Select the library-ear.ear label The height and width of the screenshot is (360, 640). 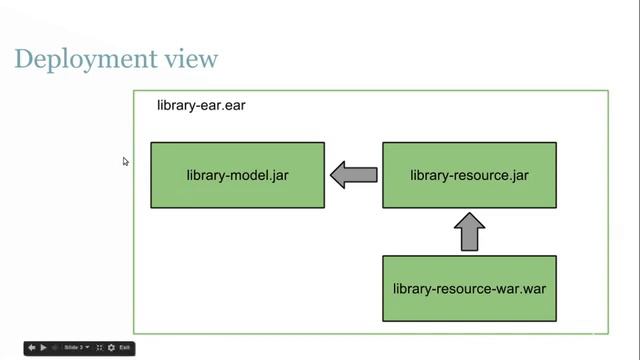[201, 105]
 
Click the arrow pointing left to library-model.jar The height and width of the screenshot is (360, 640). [353, 175]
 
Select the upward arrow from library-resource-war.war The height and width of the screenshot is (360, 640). [469, 232]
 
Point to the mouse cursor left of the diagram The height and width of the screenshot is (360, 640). [125, 160]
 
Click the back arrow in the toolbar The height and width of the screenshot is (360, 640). [31, 347]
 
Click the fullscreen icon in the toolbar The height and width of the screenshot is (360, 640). [99, 347]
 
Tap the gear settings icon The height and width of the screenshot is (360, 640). [111, 347]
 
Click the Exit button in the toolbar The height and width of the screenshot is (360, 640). [125, 347]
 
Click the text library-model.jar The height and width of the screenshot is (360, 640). [237, 176]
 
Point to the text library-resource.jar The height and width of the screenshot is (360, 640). [469, 176]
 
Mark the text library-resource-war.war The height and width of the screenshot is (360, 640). [469, 288]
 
